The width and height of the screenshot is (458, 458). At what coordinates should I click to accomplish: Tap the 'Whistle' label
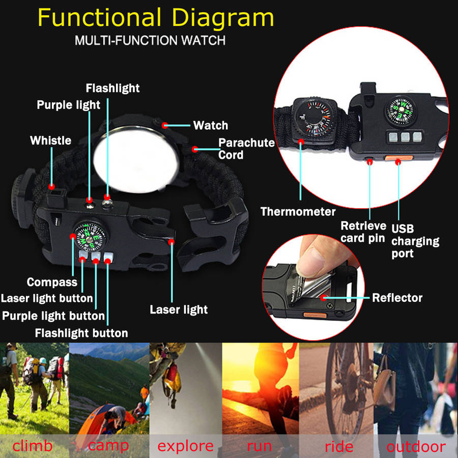(x=51, y=140)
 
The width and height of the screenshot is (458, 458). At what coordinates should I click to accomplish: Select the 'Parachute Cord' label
(x=246, y=149)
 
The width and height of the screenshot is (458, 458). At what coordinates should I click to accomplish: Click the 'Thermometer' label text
(x=298, y=212)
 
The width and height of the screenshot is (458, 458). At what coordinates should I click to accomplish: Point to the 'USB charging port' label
(x=415, y=241)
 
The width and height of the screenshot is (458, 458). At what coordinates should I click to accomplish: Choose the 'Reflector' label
(x=397, y=298)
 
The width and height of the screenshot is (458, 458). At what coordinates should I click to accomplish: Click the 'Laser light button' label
(x=47, y=298)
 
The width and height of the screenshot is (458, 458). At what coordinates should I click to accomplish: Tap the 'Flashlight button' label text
(x=81, y=333)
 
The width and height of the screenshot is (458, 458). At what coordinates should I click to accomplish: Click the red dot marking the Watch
(x=165, y=126)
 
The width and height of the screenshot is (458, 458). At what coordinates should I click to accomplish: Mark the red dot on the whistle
(x=52, y=186)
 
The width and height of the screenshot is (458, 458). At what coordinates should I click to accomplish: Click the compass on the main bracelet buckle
(x=90, y=236)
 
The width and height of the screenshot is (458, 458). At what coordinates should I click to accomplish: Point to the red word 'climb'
(x=33, y=446)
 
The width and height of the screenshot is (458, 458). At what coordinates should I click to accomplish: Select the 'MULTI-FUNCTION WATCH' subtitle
(x=150, y=40)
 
